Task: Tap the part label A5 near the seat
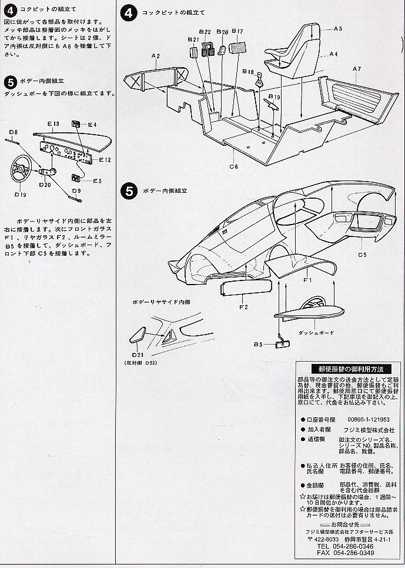pyautogui.click(x=337, y=29)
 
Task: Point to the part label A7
pyautogui.click(x=356, y=69)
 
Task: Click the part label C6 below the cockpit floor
pyautogui.click(x=233, y=166)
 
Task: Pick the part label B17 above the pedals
pyautogui.click(x=237, y=31)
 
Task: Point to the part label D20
pyautogui.click(x=45, y=185)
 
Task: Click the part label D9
pyautogui.click(x=77, y=191)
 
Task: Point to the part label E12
pyautogui.click(x=105, y=159)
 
